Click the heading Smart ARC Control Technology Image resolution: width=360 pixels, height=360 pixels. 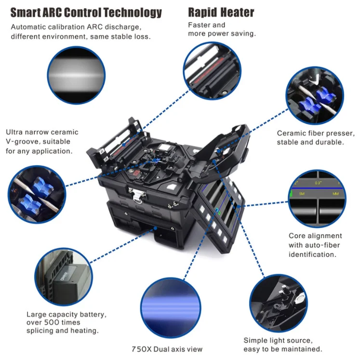(86, 12)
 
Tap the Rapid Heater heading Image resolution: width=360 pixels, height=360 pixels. (221, 12)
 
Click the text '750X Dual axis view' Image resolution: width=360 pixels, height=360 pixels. (167, 349)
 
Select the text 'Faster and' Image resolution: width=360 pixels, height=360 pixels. (206, 25)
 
